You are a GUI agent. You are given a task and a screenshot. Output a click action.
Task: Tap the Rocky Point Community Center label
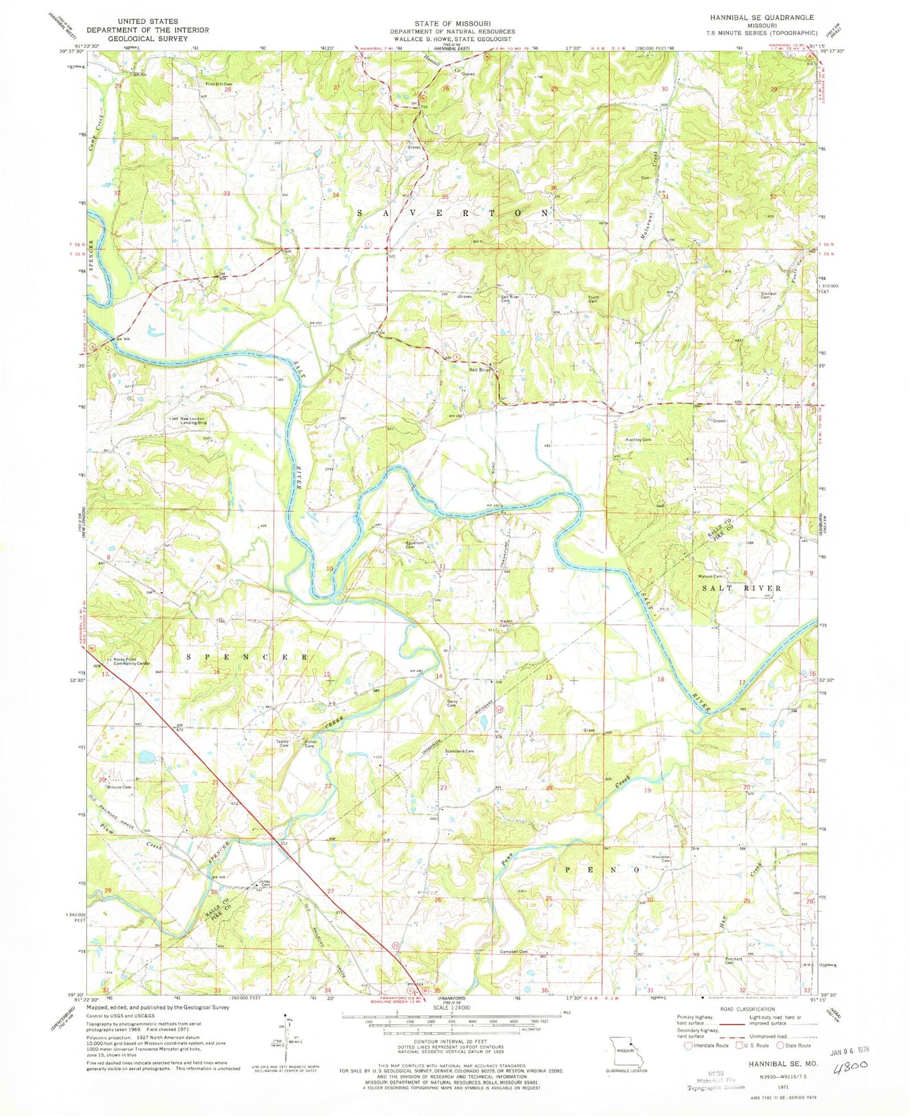tap(132, 661)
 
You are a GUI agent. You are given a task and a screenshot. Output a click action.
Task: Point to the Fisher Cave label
tap(311, 744)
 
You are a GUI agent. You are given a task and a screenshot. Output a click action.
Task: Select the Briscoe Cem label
tap(119, 787)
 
